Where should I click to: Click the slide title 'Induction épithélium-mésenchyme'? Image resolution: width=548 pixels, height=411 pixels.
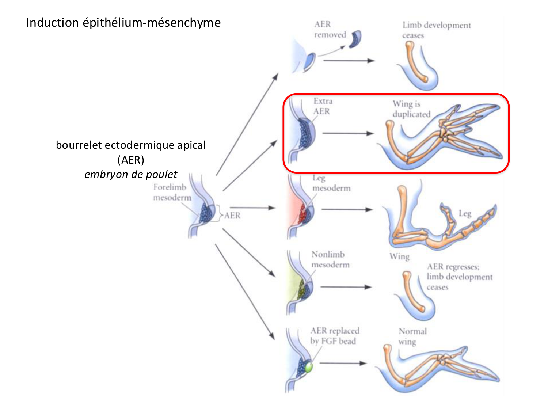(123, 23)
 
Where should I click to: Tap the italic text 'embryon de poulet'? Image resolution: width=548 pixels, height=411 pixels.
(131, 174)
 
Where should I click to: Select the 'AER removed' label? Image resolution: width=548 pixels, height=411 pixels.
(330, 30)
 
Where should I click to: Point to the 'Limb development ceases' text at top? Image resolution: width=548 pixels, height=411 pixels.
(436, 30)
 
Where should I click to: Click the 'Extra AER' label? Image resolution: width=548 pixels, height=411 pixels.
(323, 106)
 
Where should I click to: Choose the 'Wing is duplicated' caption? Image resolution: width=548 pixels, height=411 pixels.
(411, 109)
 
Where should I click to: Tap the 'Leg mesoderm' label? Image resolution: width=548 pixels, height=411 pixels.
(331, 183)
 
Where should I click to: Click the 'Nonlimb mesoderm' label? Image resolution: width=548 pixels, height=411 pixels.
(330, 259)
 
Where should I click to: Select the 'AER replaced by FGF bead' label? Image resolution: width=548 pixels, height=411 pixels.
(335, 336)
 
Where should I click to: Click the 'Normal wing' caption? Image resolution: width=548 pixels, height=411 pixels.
(412, 336)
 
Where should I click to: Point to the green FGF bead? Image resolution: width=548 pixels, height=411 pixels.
(309, 367)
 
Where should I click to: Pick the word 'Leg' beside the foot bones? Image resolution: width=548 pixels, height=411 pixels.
(465, 213)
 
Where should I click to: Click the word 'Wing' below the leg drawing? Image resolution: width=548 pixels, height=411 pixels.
(399, 256)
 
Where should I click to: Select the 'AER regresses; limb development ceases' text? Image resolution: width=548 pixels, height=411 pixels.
(459, 277)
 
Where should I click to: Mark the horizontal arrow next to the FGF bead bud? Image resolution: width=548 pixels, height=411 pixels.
(343, 363)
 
